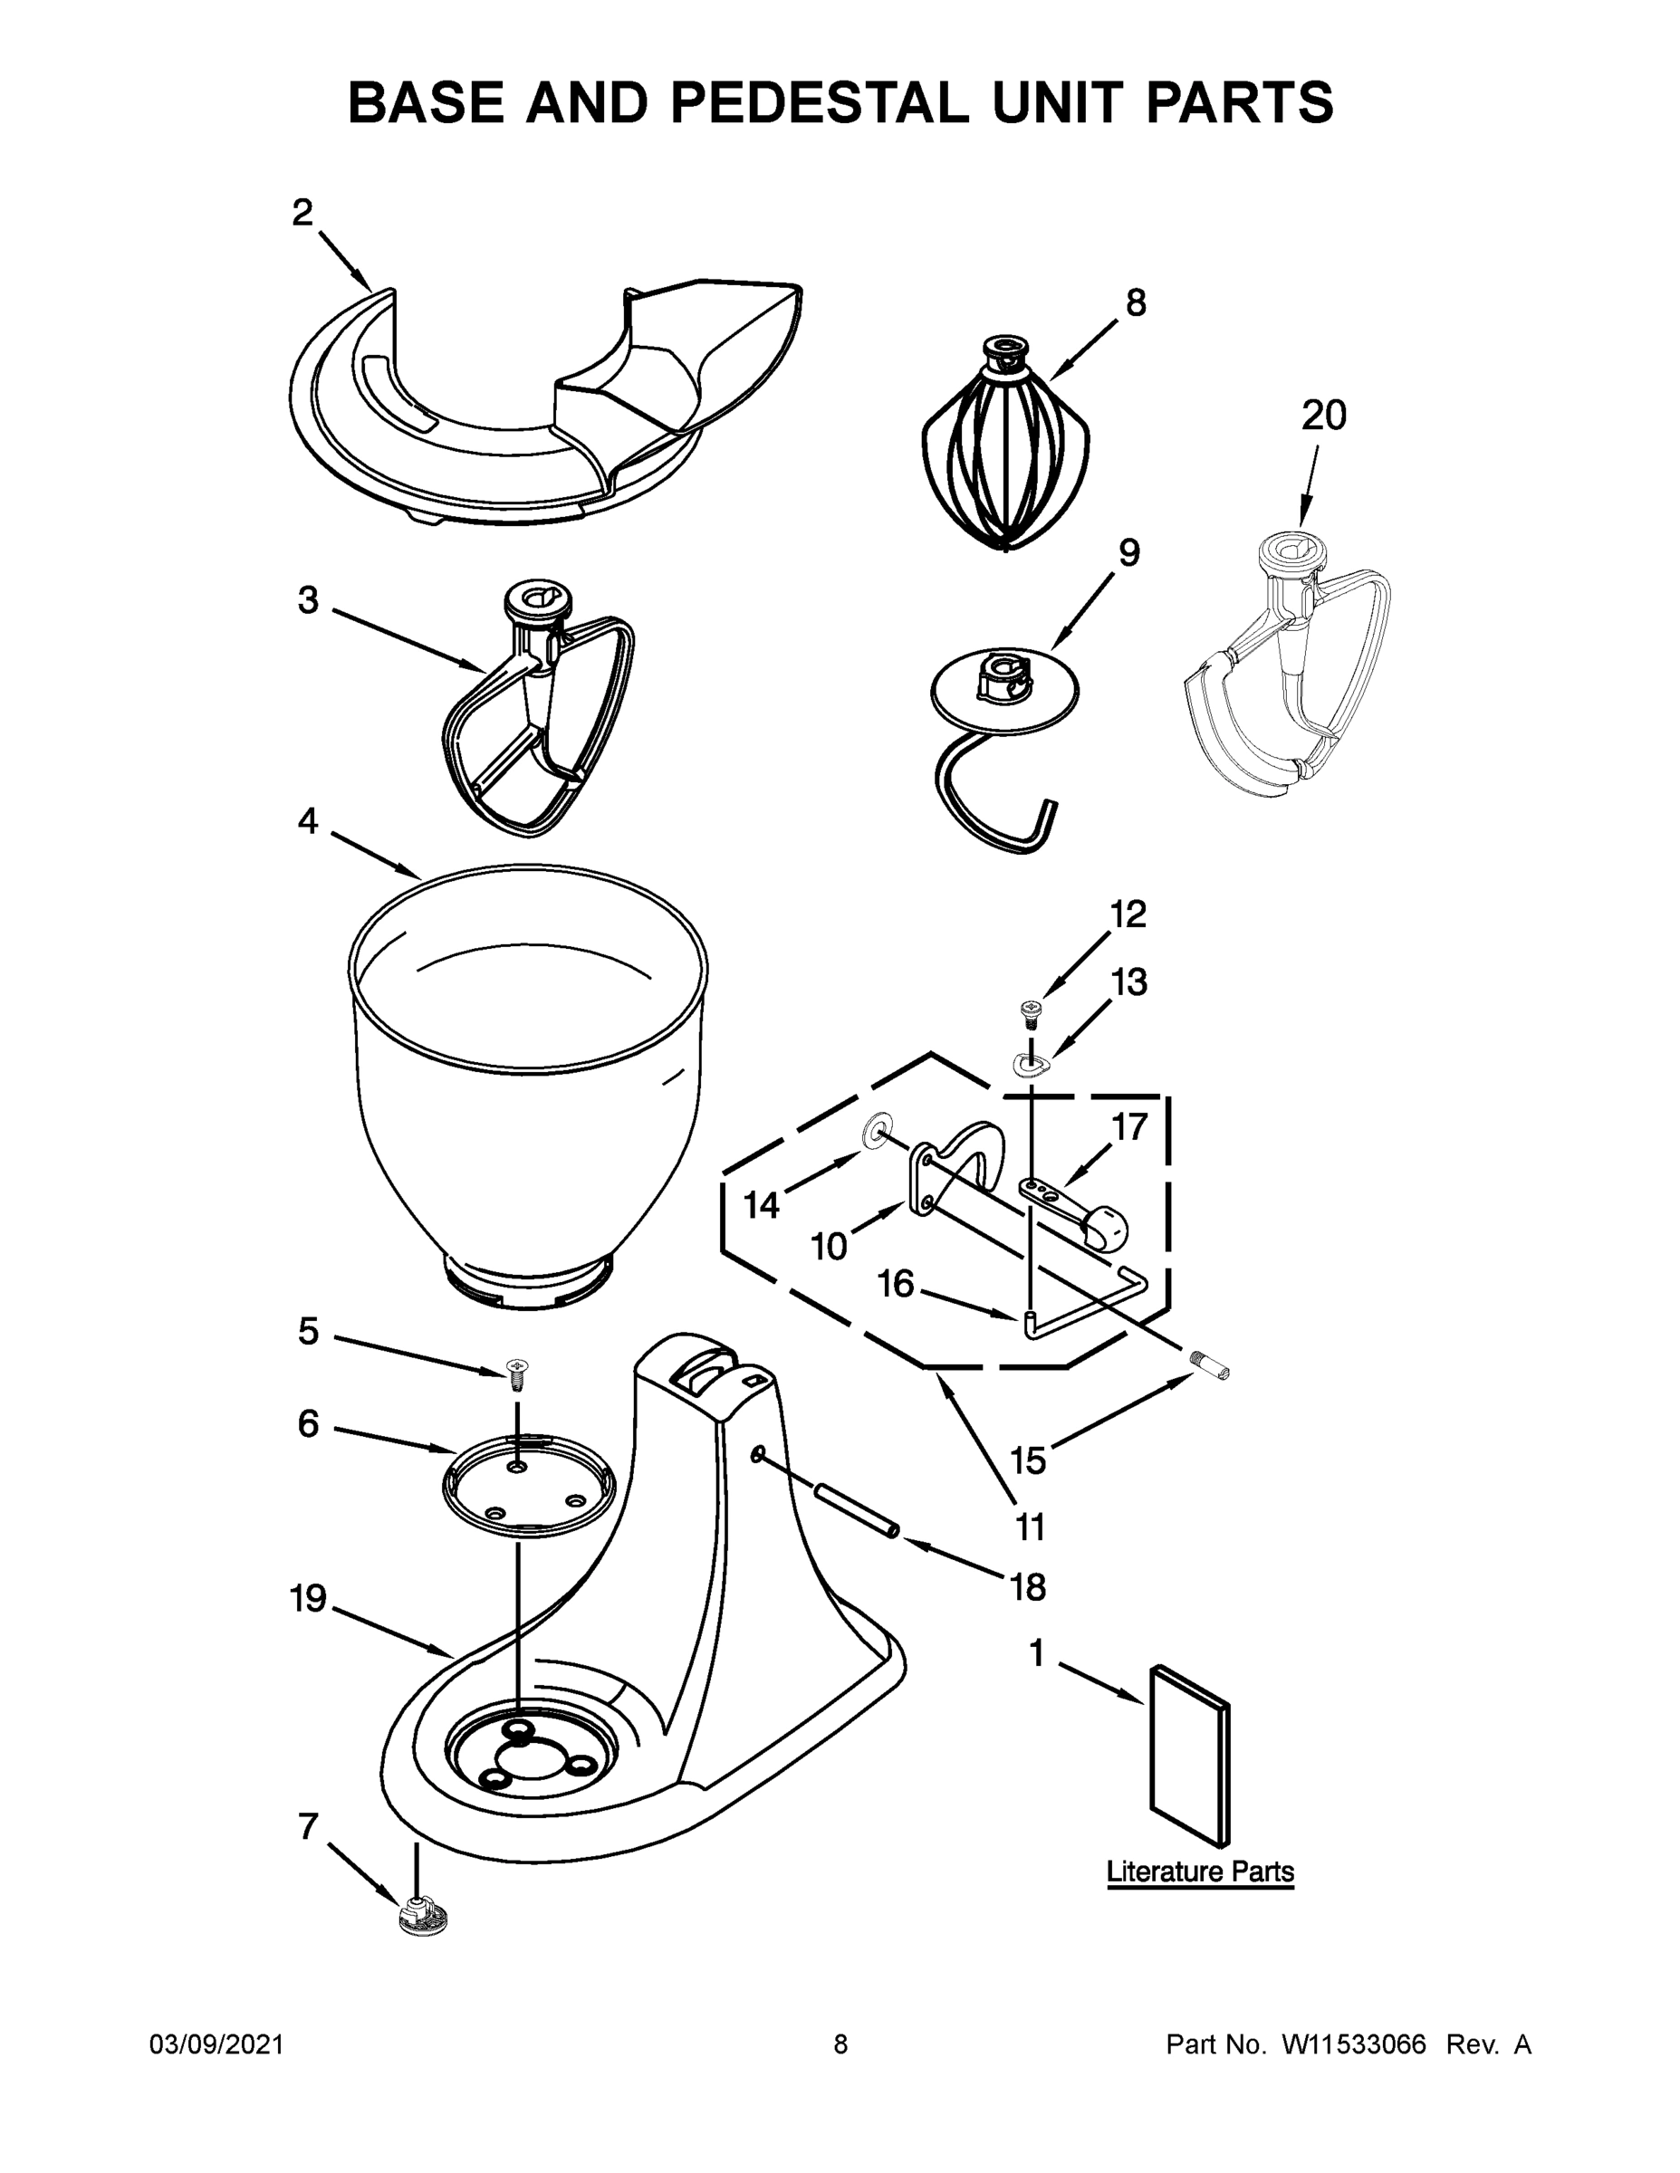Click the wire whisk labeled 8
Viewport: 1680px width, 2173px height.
pyautogui.click(x=1005, y=448)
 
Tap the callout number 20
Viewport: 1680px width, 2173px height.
pyautogui.click(x=1324, y=415)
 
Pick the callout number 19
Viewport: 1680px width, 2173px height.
pyautogui.click(x=309, y=1599)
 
